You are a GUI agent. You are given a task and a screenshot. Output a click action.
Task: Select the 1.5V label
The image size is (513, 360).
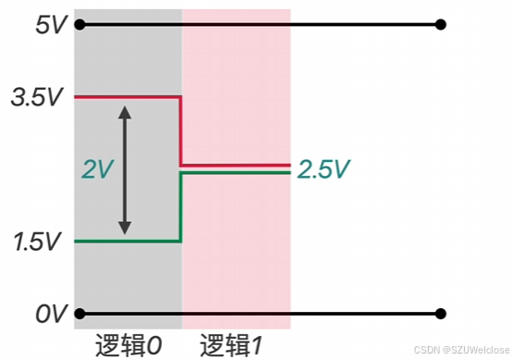(x=36, y=242)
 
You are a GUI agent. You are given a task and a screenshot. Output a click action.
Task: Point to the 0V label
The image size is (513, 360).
(x=48, y=314)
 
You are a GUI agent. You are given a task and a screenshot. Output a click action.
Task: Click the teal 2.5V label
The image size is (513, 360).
(x=324, y=169)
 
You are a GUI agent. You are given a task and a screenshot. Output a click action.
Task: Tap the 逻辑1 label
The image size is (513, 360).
(x=231, y=345)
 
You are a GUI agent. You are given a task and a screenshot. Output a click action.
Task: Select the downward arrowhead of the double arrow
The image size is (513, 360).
(x=127, y=228)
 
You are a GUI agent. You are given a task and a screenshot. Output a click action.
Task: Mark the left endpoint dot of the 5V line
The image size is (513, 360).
(x=80, y=25)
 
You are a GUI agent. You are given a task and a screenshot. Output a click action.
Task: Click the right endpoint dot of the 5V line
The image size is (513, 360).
(x=441, y=25)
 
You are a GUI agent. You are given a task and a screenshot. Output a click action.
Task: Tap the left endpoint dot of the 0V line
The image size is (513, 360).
(x=80, y=314)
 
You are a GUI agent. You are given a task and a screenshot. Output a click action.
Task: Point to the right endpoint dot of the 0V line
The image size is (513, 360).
(x=441, y=314)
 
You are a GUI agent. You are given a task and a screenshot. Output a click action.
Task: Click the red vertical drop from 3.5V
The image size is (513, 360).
(x=181, y=130)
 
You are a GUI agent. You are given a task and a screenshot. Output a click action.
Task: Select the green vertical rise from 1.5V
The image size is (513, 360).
(x=181, y=207)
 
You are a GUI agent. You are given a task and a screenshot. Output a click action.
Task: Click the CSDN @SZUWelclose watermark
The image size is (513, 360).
(x=459, y=350)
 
